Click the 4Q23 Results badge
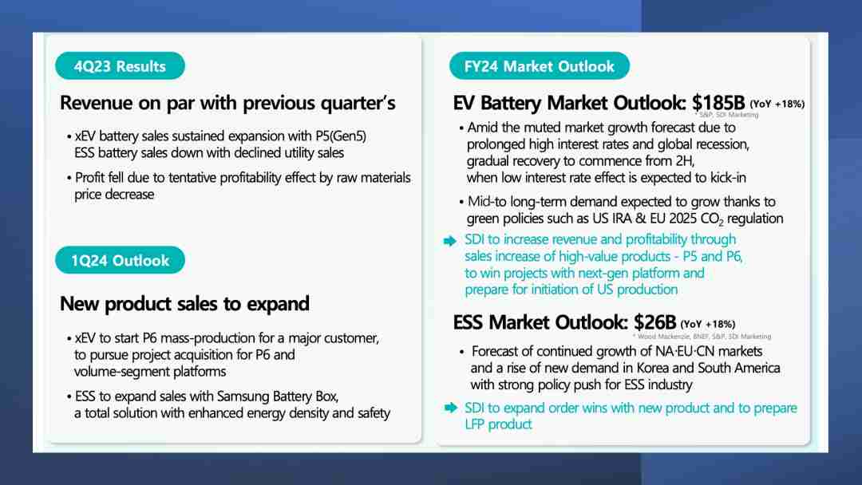coord(120,66)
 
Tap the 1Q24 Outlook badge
coord(120,260)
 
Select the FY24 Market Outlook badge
coord(540,66)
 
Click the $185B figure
coord(718,103)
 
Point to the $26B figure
coord(654,321)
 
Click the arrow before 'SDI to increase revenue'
coord(450,241)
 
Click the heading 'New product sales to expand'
coord(184,304)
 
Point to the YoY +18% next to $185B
coord(777,104)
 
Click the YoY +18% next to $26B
coord(707,324)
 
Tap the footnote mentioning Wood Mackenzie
coord(702,336)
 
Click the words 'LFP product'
coord(498,424)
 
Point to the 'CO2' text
coord(713,219)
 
